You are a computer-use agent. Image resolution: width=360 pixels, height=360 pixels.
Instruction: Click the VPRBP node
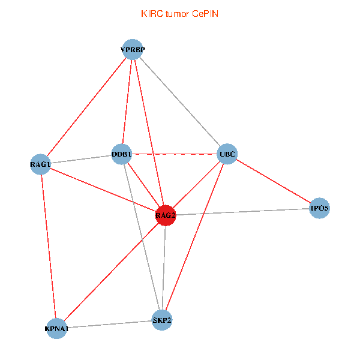(x=133, y=50)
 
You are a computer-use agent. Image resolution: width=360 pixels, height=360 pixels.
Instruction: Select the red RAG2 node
(x=165, y=215)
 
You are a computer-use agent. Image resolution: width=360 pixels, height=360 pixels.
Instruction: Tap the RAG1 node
(x=41, y=164)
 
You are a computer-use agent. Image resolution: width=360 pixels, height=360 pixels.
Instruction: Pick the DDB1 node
(x=122, y=153)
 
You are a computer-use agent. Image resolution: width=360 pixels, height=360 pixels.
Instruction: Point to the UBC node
(x=227, y=154)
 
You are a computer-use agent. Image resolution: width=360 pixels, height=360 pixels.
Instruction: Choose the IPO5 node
(x=319, y=209)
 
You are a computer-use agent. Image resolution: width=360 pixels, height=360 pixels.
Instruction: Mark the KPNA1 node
(x=57, y=328)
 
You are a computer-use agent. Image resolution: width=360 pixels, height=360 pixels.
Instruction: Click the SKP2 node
(x=162, y=319)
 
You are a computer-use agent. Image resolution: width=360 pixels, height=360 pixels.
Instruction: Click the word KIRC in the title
(x=151, y=13)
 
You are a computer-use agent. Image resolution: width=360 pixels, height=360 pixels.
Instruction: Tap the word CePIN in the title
(x=205, y=13)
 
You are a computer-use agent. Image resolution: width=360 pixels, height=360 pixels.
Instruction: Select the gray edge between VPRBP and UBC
(x=180, y=102)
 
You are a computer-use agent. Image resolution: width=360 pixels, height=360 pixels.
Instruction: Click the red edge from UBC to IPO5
(x=273, y=181)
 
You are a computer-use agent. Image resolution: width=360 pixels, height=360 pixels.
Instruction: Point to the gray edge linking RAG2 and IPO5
(x=242, y=212)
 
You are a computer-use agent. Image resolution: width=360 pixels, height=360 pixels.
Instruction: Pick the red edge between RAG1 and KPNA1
(x=49, y=246)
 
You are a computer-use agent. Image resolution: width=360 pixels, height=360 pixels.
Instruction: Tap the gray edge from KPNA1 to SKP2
(x=109, y=324)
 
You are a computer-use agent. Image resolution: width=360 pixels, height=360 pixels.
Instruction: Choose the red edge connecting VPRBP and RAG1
(x=87, y=107)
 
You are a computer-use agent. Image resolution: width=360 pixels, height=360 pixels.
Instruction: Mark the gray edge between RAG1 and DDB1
(x=81, y=158)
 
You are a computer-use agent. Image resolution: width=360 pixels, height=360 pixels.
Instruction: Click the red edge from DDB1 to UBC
(x=175, y=154)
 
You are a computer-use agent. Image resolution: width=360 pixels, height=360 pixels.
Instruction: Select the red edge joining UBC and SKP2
(x=194, y=237)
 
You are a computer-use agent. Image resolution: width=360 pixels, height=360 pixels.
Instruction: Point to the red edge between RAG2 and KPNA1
(x=111, y=272)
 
